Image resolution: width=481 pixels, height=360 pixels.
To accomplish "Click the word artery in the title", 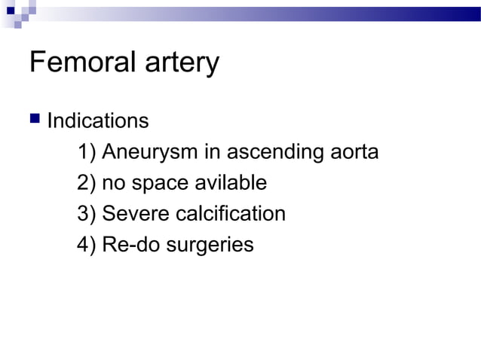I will tap(181, 64).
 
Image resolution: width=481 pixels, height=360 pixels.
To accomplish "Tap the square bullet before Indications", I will tap(34, 121).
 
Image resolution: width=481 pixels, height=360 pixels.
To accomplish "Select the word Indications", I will tap(98, 121).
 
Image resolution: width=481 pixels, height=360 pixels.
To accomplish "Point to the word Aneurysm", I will tap(150, 153).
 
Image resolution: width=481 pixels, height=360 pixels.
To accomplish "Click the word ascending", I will tap(274, 153).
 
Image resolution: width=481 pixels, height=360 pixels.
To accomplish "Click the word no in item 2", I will tap(113, 184).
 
